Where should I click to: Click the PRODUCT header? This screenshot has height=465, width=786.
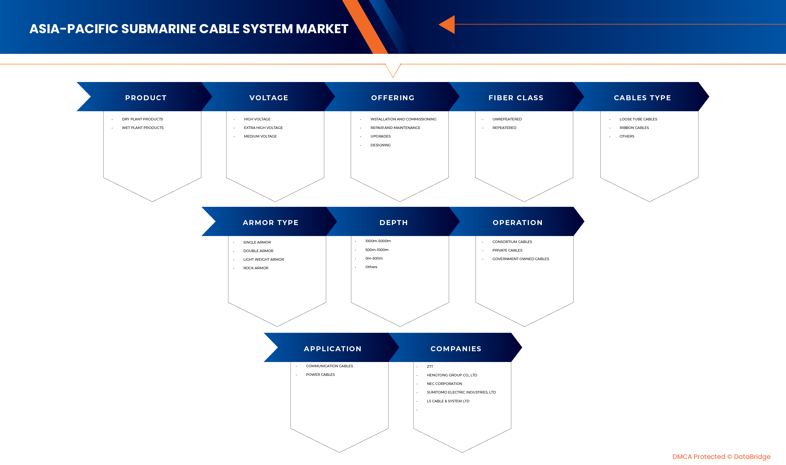coord(146,98)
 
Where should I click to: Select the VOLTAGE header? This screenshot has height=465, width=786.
coord(268,98)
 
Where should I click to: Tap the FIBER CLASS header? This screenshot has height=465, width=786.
coord(516,98)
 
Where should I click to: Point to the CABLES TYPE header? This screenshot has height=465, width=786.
coord(642,98)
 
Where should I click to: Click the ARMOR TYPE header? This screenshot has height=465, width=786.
coord(270,223)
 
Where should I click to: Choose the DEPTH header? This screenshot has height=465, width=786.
coord(394,223)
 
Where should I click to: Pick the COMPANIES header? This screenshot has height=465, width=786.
coord(456,349)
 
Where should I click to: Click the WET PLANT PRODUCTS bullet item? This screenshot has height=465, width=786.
coord(143,128)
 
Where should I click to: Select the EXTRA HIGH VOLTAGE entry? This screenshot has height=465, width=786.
coord(263,128)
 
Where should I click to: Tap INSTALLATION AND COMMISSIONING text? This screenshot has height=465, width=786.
coord(403,119)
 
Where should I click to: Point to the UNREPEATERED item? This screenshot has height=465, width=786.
coord(507,119)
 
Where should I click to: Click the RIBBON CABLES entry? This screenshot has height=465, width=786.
coord(634,128)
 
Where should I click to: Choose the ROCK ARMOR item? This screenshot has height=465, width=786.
coord(256,268)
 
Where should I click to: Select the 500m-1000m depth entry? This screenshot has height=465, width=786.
coord(377,250)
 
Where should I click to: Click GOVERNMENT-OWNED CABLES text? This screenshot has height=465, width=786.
coord(521,259)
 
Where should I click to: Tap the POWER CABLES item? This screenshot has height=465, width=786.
coord(320,374)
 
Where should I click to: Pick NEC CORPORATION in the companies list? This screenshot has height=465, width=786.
coord(444,384)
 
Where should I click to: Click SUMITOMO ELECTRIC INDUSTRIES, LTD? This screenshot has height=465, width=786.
coord(461,392)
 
